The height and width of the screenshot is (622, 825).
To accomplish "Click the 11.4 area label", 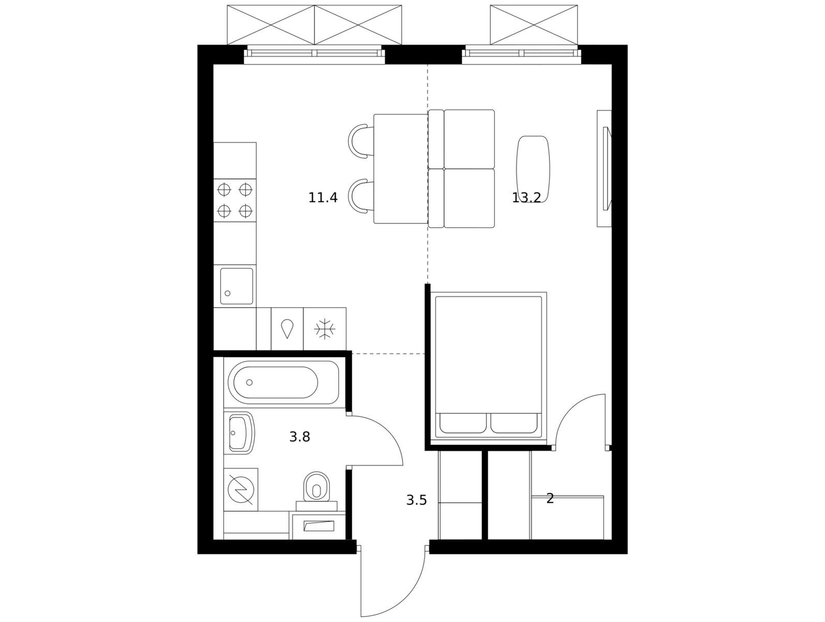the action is pos(323,198).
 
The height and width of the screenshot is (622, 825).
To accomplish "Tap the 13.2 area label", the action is pos(526,198).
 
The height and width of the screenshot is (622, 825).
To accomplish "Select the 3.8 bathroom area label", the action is pos(299,437).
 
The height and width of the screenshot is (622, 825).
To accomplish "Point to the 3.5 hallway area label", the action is pos(416,500).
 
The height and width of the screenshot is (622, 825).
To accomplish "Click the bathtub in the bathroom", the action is pos(283,383).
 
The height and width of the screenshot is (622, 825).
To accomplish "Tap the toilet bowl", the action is pos(317,487).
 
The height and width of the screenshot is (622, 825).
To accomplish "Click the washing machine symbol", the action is pos(241,490).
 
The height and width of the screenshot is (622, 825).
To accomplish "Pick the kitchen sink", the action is pos(237,286).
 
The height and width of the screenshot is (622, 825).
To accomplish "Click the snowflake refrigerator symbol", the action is pos(325,329).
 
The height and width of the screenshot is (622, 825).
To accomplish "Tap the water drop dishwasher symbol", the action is pos(287,328).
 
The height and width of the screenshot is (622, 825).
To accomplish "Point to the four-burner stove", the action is pos(235,200).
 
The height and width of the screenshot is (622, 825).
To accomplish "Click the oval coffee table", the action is pos(533,169).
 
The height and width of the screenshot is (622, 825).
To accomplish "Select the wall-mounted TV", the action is pos(606,169).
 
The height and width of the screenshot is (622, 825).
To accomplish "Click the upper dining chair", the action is pos(361,140).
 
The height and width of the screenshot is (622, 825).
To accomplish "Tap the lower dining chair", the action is pos(361,196).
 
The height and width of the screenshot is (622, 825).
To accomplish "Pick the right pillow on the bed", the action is pos(514,423).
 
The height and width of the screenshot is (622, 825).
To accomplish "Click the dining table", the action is pos(401,169).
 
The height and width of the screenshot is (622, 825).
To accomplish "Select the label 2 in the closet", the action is pos(550,499).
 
